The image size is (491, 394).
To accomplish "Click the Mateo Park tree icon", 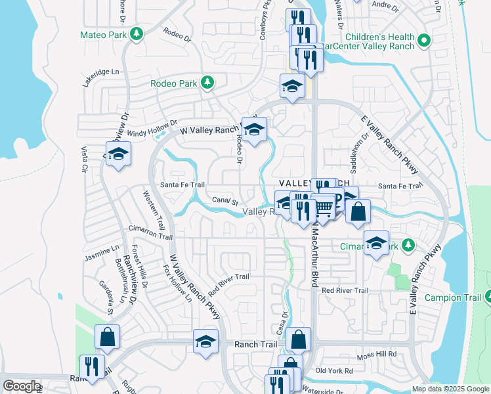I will pos(137,34).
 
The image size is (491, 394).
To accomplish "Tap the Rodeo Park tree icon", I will pos(207,83).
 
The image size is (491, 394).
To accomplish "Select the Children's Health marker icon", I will pos(423,41).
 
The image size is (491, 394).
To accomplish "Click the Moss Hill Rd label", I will pos(377,355).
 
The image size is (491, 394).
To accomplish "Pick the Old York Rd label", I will pos(334,371).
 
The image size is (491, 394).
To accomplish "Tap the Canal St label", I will pos(225,200).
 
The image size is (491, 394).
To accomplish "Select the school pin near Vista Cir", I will pos(118,154).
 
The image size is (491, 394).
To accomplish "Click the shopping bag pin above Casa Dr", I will pos(298,339).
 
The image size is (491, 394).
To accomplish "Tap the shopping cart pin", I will pos(324,208).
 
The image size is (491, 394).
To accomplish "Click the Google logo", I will pos(21,386).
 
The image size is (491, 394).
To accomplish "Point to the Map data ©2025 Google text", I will pos(450,389).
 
